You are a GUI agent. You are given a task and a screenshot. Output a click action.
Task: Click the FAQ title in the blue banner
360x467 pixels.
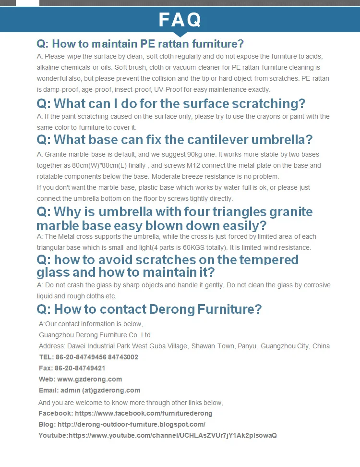pyautogui.click(x=180, y=20)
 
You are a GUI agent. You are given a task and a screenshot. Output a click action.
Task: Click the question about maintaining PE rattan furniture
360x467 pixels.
pyautogui.click(x=140, y=44)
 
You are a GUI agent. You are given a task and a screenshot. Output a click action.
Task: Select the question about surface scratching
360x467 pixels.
pyautogui.click(x=171, y=103)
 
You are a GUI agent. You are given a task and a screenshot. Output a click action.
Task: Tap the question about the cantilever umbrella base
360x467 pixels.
pyautogui.click(x=175, y=139)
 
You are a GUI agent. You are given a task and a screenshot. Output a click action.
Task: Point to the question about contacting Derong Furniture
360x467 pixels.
pyautogui.click(x=149, y=308)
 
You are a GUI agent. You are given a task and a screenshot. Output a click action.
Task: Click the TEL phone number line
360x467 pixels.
pyautogui.click(x=88, y=357)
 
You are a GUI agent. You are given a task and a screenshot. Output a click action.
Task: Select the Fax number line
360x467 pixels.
pyautogui.click(x=72, y=368)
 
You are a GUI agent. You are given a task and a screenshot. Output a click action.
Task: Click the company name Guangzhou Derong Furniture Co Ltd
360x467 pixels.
pyautogui.click(x=95, y=335)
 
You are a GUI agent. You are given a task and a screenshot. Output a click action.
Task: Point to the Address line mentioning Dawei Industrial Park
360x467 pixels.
pyautogui.click(x=184, y=346)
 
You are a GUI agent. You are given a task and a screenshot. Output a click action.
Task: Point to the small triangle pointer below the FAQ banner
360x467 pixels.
pyautogui.click(x=180, y=35)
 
